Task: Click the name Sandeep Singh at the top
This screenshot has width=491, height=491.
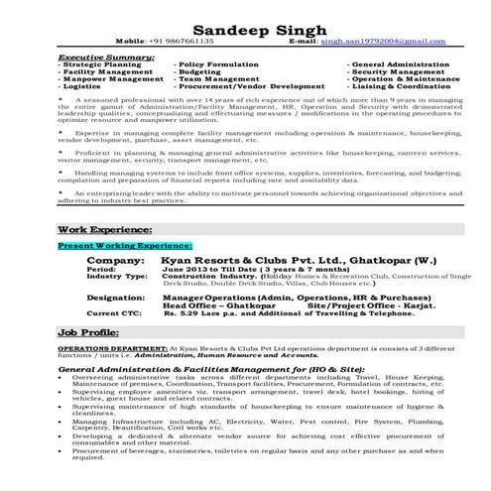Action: click(244, 29)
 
